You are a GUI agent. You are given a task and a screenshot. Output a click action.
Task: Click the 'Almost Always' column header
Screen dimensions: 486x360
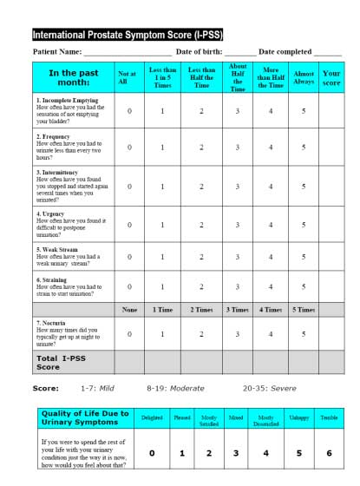tap(304, 77)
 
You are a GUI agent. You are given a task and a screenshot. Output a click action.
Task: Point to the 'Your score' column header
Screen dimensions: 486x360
tap(331, 77)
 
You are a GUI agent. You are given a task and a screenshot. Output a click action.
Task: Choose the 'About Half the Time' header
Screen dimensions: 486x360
tap(238, 77)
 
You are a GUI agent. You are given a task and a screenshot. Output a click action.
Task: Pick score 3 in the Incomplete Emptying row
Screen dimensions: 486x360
tap(238, 111)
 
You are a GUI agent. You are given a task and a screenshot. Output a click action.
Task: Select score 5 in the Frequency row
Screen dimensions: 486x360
tap(304, 148)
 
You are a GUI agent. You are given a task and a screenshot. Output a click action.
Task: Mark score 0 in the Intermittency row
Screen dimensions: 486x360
tap(129, 186)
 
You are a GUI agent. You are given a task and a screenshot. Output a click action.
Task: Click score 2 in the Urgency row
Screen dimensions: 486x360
tap(201, 225)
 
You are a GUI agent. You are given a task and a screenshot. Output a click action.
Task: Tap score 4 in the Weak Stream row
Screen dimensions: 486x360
tap(271, 257)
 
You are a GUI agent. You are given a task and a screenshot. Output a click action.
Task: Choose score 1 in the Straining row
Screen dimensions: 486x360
tap(162, 286)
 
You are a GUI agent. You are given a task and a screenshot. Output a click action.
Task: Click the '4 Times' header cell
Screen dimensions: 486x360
tap(271, 310)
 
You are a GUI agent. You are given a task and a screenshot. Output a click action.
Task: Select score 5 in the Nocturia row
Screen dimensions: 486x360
tap(304, 333)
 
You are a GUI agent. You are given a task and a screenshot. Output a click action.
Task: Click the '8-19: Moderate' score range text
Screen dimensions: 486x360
tap(173, 388)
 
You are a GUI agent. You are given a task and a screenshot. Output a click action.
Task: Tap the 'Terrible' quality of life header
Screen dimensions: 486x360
tap(328, 418)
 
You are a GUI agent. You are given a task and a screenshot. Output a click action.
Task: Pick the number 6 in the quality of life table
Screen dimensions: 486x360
tap(328, 452)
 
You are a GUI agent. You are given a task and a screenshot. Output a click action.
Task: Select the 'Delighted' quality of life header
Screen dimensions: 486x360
tap(152, 418)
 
